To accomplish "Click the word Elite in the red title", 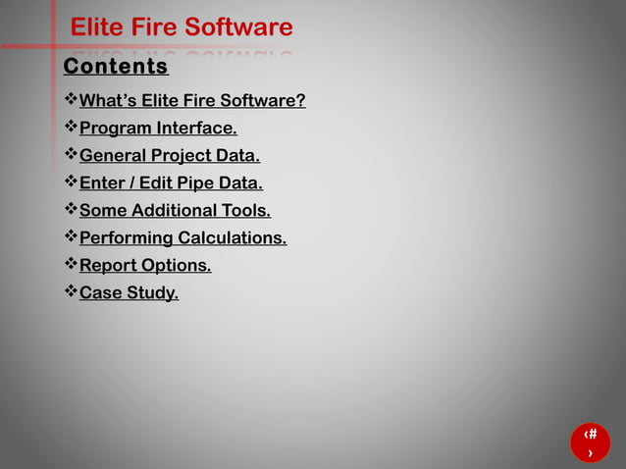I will coord(95,27).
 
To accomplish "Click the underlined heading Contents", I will coord(116,67).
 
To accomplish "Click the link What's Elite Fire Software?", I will coord(192,100).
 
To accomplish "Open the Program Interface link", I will coord(158,128).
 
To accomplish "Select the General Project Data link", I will coord(170,155).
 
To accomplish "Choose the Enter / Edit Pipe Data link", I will coord(171,182).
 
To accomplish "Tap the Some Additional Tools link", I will coord(175,210).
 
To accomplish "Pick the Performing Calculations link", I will coord(183,237).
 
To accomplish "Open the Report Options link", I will coord(145,265).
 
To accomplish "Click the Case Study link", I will coord(129,292).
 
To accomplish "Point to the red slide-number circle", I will coord(590,443).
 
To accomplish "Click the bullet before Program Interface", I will coord(70,128).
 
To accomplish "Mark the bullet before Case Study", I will coord(70,292).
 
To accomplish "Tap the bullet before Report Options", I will coord(70,265).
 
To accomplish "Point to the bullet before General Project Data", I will coord(70,155).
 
